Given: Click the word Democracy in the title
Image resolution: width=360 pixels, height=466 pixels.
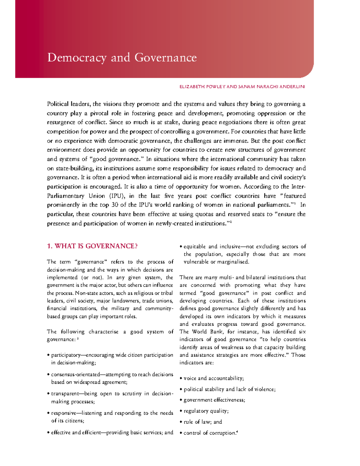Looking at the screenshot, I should coord(76,58).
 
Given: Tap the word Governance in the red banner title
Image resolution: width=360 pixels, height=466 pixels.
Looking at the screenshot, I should coord(166,58).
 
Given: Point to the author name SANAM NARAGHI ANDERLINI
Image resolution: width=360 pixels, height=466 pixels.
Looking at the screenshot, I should coord(271,87).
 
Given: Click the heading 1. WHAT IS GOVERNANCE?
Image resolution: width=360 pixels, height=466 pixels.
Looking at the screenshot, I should coord(92,246).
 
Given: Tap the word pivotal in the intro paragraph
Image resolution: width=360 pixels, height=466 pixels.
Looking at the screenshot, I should coord(99,113).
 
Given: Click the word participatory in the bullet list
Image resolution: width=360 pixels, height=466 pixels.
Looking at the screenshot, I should coord(66,355).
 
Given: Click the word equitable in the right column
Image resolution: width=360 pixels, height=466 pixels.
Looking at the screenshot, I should coord(194,247).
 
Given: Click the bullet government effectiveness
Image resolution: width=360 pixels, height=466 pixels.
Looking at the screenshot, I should coord(214,400).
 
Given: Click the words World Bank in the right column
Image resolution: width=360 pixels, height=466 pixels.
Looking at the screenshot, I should coord(208,332).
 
